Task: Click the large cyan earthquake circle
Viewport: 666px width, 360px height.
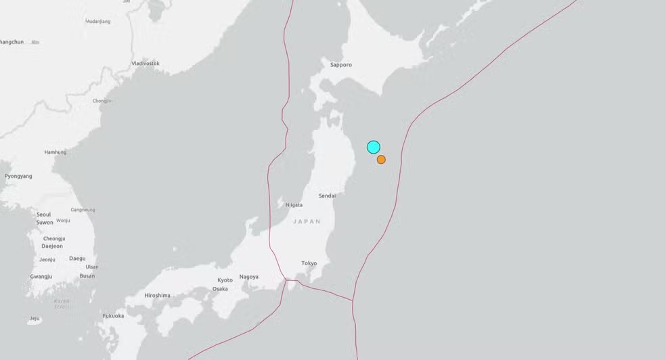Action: [x=374, y=147]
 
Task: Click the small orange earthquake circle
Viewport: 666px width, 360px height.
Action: [x=382, y=160]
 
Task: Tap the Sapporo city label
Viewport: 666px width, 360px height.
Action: [x=341, y=65]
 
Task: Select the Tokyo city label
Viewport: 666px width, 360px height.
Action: [x=309, y=263]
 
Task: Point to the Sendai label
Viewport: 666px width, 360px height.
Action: [x=328, y=196]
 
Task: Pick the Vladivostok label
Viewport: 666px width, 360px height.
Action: [x=146, y=63]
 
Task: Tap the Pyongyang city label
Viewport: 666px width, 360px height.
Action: [x=18, y=176]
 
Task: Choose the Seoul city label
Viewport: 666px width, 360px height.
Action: [x=44, y=215]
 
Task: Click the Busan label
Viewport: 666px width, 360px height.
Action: [x=87, y=276]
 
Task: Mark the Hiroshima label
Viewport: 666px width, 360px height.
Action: [x=157, y=295]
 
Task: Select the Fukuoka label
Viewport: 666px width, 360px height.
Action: [x=113, y=315]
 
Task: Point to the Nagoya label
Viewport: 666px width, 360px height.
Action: [x=248, y=277]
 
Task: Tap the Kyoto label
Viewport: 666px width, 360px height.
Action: [x=225, y=280]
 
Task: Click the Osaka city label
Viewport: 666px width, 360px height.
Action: [x=220, y=289]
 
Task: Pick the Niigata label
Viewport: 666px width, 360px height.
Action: [x=294, y=204]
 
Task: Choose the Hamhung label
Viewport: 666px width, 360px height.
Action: [x=56, y=152]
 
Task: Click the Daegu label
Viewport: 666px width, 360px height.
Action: [x=77, y=258]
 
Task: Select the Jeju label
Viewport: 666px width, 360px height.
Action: [x=35, y=318]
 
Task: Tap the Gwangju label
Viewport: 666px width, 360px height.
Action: [x=41, y=276]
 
